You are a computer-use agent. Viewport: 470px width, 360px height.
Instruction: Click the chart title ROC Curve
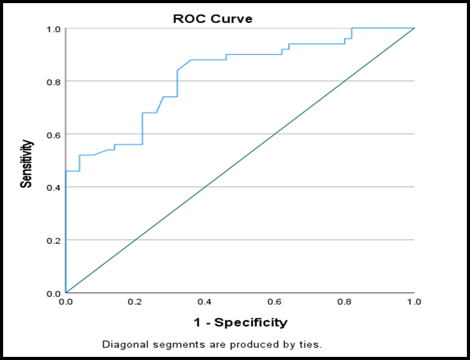coord(213,19)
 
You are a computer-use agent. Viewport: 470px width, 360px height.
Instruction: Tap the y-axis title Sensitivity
coord(26,164)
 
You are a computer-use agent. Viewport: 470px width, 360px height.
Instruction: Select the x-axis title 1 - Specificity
coord(240,323)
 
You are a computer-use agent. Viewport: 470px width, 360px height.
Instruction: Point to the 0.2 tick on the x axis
coord(135,302)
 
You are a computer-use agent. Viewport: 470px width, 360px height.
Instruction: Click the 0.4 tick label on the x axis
coord(205,302)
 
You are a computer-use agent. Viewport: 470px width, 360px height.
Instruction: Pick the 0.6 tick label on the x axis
coord(274,302)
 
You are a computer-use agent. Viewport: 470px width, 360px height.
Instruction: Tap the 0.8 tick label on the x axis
coord(345,302)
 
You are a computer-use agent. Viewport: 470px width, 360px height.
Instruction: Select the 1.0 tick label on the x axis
coord(415,302)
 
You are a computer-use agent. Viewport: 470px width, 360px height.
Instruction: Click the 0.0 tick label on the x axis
coord(65,302)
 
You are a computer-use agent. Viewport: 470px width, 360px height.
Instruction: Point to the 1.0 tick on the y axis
coord(54,28)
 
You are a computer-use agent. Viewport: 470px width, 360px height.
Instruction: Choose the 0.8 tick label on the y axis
coord(54,81)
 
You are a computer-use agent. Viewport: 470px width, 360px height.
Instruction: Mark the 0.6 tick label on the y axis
coord(54,134)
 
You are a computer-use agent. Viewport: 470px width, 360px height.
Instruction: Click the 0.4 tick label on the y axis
coord(54,187)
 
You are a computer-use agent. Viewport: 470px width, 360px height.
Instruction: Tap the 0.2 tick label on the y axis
coord(54,240)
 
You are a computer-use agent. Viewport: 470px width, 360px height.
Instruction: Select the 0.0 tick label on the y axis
coord(54,293)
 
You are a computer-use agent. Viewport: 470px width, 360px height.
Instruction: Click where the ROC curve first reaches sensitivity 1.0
coord(351,28)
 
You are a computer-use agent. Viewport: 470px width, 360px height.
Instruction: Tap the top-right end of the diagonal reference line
coord(414,28)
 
